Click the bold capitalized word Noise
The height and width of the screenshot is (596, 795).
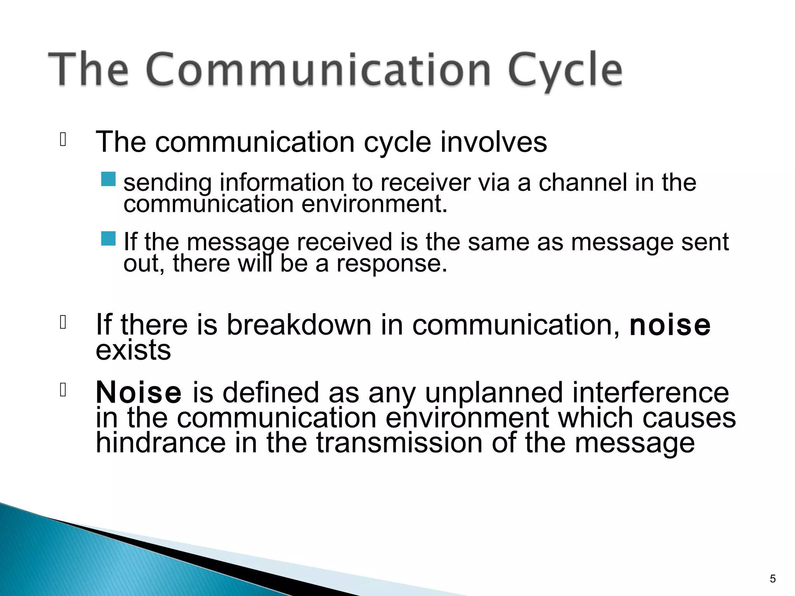pos(138,392)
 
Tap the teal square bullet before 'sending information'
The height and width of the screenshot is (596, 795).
pos(108,179)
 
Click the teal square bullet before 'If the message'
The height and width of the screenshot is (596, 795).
pos(108,238)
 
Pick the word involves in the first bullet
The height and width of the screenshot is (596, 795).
pos(493,142)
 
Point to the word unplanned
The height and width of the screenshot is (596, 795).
pos(494,393)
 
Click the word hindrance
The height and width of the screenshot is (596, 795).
pos(161,443)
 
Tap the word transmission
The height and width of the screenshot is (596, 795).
pos(399,443)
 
